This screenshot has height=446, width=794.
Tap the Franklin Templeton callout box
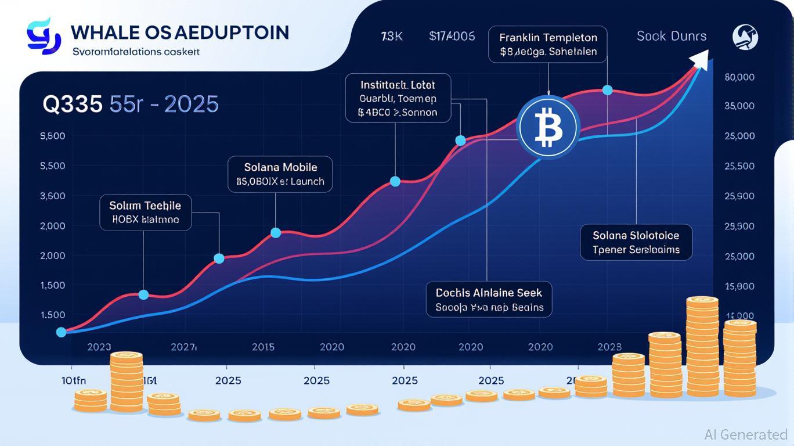coord(548,45)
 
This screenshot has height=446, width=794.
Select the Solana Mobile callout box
coord(280,174)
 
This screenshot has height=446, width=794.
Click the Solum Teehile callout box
coord(145,213)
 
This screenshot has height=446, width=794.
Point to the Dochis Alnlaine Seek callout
coord(489,298)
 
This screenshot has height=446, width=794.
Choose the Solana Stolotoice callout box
coord(636,242)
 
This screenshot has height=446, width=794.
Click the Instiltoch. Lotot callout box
coord(398,98)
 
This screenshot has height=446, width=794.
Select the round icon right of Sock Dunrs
coord(745,37)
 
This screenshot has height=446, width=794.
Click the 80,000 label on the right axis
coord(739,77)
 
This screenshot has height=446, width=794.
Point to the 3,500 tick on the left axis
coord(52,196)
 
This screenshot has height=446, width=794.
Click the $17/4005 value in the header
coord(452,36)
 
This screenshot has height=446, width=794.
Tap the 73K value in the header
coord(392,36)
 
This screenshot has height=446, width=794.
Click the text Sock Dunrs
coord(671,36)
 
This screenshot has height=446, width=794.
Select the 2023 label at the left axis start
coord(99,347)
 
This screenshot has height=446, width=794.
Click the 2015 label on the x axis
coord(263,347)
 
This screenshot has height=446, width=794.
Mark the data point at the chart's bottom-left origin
coord(61,332)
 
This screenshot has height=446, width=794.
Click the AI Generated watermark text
coord(746,434)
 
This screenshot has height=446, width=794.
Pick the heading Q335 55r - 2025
coord(131,105)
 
